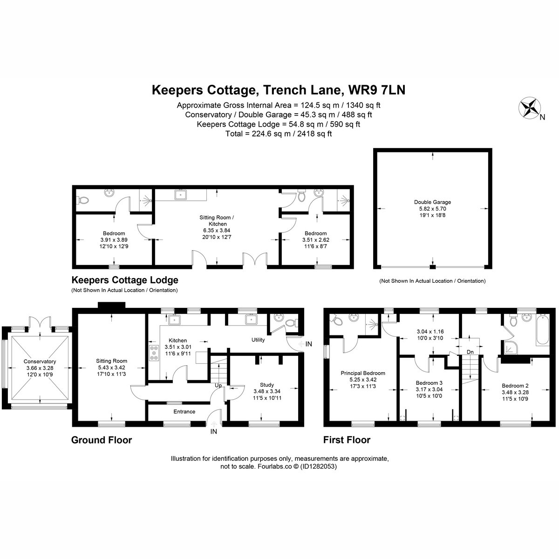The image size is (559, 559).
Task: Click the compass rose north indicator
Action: click(529, 108)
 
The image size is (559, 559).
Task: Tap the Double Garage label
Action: click(432, 202)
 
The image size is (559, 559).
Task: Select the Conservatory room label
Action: click(40, 361)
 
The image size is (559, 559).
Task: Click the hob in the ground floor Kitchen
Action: click(154, 353)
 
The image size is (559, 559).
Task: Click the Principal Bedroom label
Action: click(363, 373)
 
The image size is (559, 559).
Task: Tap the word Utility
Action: click(258, 340)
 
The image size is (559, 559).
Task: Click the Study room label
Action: click(267, 385)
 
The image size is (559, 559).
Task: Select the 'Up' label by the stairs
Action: click(218, 386)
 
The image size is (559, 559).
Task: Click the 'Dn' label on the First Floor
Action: click(470, 352)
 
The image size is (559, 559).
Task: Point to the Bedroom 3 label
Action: click(429, 383)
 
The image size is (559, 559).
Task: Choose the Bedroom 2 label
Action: click(515, 386)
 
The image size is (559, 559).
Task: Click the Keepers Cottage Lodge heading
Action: click(125, 280)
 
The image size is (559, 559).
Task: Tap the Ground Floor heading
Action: click(102, 440)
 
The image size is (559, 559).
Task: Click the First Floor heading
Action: click(347, 440)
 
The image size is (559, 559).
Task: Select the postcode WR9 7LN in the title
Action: click(377, 90)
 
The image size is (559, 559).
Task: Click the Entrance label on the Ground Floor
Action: click(184, 411)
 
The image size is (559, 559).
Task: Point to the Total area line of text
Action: click(279, 134)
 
